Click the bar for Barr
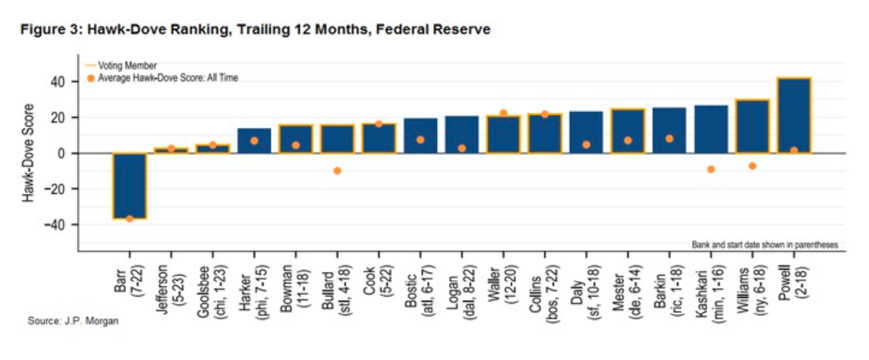(x=130, y=186)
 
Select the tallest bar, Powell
(x=793, y=116)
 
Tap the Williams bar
(x=753, y=127)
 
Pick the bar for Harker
(x=254, y=141)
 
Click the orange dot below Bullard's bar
(x=337, y=171)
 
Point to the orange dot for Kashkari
(x=711, y=169)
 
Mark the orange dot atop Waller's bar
(x=503, y=113)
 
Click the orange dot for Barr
(x=130, y=219)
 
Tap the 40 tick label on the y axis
(x=57, y=82)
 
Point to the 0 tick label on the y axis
(x=61, y=154)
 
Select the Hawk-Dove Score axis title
(x=28, y=153)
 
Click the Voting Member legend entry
(x=121, y=65)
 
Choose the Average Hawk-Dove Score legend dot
(x=91, y=78)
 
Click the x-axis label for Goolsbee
(x=212, y=292)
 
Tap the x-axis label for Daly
(x=586, y=292)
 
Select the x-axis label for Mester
(x=627, y=292)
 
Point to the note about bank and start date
(x=764, y=245)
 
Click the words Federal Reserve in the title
(x=433, y=30)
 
